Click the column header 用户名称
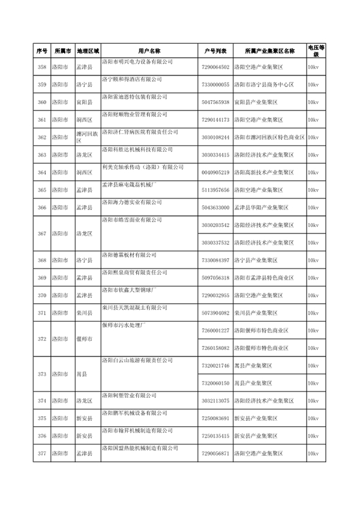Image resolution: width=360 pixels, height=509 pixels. coord(147,51)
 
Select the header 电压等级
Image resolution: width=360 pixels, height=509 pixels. coord(317,51)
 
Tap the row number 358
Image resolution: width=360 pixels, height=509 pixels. coord(41,68)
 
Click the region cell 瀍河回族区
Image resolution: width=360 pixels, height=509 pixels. coord(87,137)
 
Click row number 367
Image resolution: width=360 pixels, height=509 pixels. coord(41,233)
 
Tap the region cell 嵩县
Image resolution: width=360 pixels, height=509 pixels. coord(82,373)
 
